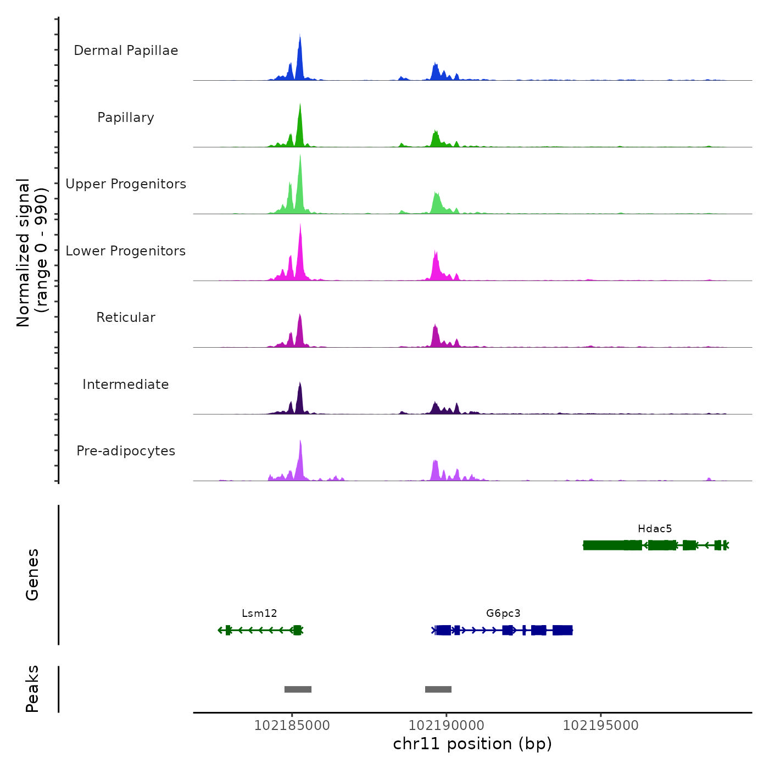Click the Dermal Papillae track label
tap(126, 51)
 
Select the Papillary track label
tap(126, 118)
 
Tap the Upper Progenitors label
tap(126, 184)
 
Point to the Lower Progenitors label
tap(126, 251)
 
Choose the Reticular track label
tap(126, 317)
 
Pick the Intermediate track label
tap(126, 384)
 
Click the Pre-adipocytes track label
tap(126, 451)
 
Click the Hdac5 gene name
tap(655, 529)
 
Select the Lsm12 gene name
tap(259, 614)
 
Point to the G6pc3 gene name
tap(503, 614)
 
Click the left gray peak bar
tap(298, 689)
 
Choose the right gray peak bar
tap(438, 689)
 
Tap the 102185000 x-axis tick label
tap(292, 726)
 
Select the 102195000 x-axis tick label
tap(601, 726)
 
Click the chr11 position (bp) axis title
tap(472, 744)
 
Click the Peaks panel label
tap(32, 689)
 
